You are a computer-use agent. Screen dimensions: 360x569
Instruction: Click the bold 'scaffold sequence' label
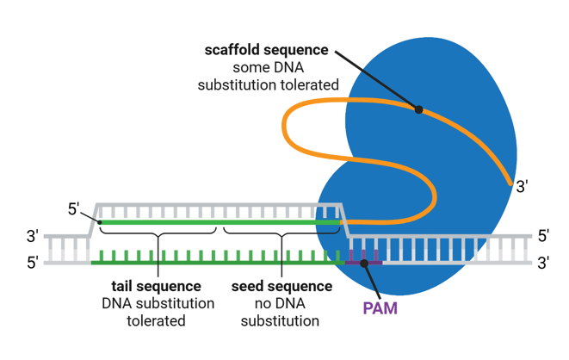[x=266, y=49]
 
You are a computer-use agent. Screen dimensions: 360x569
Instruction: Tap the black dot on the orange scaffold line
[x=418, y=109]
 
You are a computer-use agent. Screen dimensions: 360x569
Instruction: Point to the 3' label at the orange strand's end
[x=523, y=185]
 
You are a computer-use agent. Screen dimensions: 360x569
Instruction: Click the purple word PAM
[x=380, y=307]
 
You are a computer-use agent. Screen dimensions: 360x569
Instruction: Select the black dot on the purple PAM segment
[x=364, y=263]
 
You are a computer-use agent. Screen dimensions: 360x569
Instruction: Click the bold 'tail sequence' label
[x=157, y=285]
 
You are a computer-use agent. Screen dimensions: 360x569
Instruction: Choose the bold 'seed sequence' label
[x=279, y=285]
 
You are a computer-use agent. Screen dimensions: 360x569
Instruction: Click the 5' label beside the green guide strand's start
[x=75, y=208]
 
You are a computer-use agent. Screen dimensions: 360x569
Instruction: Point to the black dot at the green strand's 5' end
[x=101, y=223]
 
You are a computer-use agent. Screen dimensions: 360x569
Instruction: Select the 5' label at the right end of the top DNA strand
[x=543, y=235]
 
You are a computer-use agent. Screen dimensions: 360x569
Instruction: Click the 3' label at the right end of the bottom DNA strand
[x=543, y=263]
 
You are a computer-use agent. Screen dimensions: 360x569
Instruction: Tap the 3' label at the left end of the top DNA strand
[x=33, y=235]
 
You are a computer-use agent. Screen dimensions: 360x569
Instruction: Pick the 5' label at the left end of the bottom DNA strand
[x=33, y=263]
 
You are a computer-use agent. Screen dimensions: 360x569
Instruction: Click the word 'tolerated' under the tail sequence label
[x=157, y=321]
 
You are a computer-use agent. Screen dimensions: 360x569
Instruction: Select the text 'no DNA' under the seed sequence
[x=279, y=303]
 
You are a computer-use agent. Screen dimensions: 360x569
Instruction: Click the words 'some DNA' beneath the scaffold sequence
[x=266, y=67]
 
